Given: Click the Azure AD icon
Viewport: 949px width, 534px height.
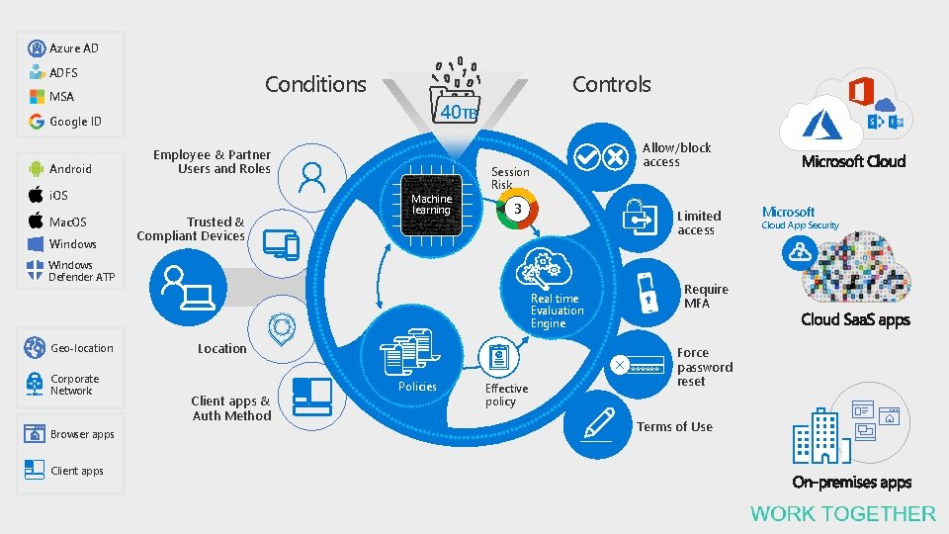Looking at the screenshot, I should pyautogui.click(x=38, y=48).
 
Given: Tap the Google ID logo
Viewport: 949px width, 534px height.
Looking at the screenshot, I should pyautogui.click(x=38, y=122).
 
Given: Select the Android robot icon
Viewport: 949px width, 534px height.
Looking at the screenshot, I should pyautogui.click(x=36, y=169).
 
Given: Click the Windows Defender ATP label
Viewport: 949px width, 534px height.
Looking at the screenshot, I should pyautogui.click(x=81, y=271).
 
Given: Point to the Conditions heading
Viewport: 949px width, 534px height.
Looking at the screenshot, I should pyautogui.click(x=315, y=85).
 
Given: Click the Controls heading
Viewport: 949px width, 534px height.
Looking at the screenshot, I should pyautogui.click(x=612, y=85).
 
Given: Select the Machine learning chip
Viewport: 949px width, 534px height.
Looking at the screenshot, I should pyautogui.click(x=431, y=204).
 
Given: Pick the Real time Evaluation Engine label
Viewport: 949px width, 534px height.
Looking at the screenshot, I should pyautogui.click(x=557, y=311).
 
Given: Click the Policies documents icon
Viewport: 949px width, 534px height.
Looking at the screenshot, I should pyautogui.click(x=406, y=351).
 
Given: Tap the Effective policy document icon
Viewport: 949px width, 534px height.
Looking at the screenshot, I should pyautogui.click(x=498, y=357).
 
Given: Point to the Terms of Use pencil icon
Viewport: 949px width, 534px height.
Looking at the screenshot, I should pyautogui.click(x=599, y=422).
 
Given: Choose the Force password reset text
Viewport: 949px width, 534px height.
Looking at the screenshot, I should pyautogui.click(x=704, y=367).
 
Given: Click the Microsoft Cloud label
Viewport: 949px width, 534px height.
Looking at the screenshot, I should pyautogui.click(x=853, y=161).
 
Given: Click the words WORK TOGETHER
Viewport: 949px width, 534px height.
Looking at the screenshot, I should pyautogui.click(x=842, y=513).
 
